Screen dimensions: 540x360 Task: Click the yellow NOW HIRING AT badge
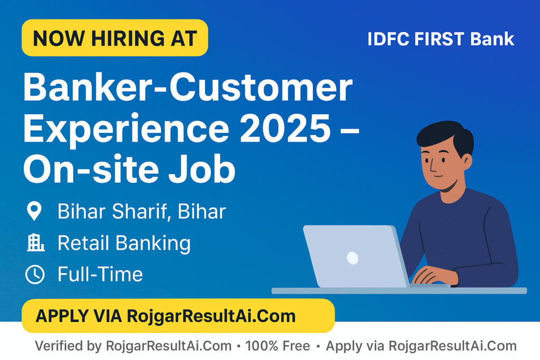(x=114, y=38)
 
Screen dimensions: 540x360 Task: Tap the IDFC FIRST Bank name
(x=441, y=39)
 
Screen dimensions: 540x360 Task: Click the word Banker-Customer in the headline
(x=188, y=87)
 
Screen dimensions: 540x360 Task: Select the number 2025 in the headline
(x=285, y=128)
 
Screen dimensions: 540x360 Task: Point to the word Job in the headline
(x=202, y=169)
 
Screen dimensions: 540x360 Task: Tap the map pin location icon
(x=34, y=211)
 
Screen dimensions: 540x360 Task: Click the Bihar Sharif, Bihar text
(x=141, y=211)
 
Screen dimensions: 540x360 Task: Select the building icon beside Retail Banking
(x=35, y=242)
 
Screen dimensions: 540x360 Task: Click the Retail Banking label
(x=124, y=244)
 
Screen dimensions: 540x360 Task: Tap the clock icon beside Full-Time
(x=35, y=274)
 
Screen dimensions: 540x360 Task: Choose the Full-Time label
(x=100, y=274)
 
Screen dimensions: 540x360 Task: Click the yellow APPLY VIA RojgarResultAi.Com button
(x=178, y=316)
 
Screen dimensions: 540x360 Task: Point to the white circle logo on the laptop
(x=352, y=258)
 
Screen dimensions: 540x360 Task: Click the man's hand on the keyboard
(x=435, y=276)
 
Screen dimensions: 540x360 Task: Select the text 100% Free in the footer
(x=277, y=346)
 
